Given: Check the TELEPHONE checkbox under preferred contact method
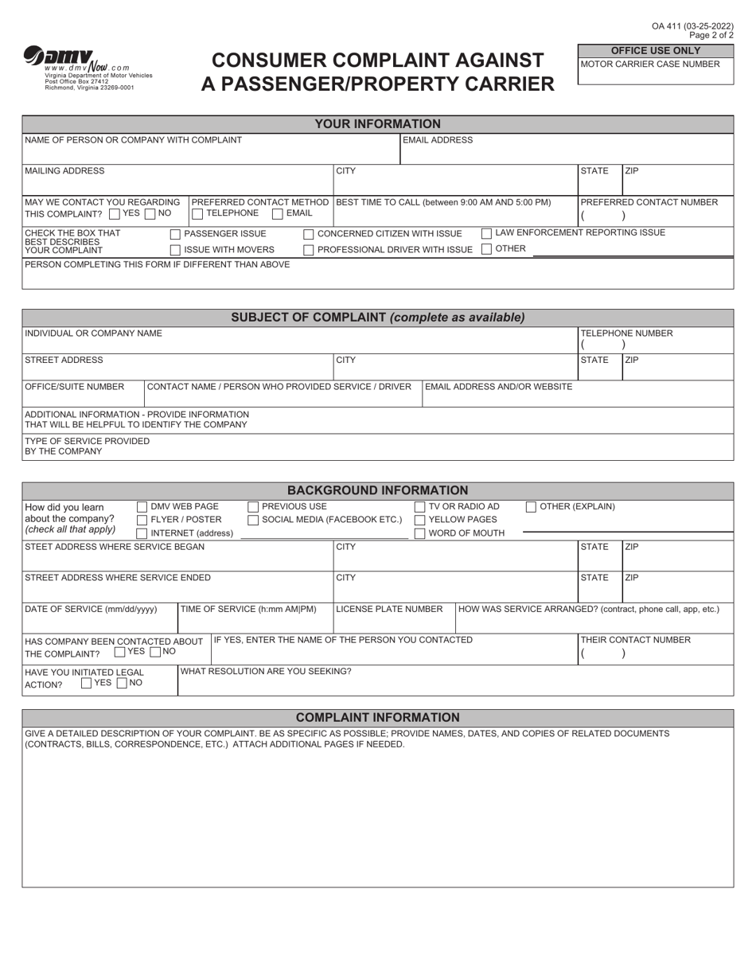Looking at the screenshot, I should (x=197, y=213).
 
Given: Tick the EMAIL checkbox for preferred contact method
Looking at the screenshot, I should (x=278, y=213).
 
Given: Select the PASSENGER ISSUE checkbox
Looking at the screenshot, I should (x=176, y=234).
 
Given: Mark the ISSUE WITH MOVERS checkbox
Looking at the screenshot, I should (x=176, y=250).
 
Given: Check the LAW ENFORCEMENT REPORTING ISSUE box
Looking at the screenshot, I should (x=486, y=233).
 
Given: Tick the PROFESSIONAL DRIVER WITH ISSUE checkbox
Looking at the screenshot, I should (x=309, y=250).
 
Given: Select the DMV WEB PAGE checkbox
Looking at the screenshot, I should (x=142, y=507).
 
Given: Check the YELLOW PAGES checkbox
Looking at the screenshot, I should (x=419, y=521).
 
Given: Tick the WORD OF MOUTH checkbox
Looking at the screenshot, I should (x=419, y=534).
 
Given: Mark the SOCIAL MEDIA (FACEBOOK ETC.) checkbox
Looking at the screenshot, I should (x=253, y=521).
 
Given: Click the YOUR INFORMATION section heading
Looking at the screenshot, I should (x=377, y=124).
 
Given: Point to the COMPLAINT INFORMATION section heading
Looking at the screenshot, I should (x=377, y=718).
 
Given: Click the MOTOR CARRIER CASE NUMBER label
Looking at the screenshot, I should (x=650, y=64).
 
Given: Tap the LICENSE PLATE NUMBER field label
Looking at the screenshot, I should (x=389, y=609).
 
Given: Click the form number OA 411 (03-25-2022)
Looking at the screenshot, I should (x=692, y=26).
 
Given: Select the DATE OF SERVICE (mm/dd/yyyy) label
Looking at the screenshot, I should (x=91, y=609).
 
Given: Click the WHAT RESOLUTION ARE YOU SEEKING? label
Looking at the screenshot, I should (x=267, y=671).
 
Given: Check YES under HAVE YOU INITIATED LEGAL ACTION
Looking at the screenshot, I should (x=87, y=683).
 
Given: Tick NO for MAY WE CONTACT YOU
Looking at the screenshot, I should (x=150, y=213).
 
